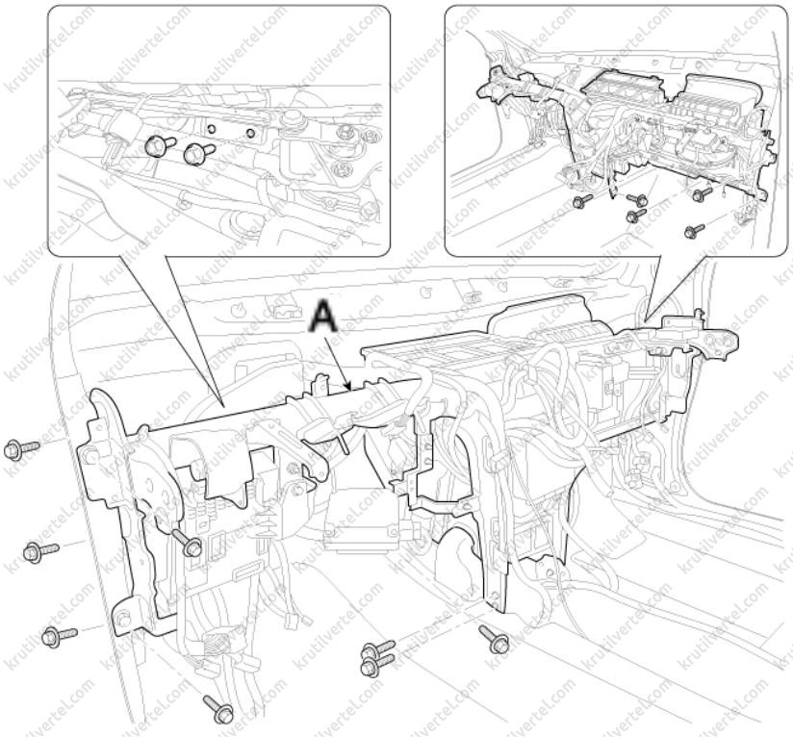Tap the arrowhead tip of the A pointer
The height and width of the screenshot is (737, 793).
tap(350, 391)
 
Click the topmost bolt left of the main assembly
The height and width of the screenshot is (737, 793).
tap(21, 449)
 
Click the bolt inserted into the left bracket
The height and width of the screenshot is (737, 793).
tap(188, 543)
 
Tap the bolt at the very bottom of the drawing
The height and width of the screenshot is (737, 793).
tap(218, 709)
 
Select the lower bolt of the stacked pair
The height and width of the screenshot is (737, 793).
tap(379, 663)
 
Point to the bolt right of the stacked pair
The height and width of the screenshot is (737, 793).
tap(494, 639)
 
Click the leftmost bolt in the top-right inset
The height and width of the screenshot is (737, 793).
tap(582, 200)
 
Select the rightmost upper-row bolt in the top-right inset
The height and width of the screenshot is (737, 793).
tap(703, 193)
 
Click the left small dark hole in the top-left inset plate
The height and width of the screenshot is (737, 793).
tap(211, 128)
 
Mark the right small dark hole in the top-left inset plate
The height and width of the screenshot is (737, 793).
tap(250, 134)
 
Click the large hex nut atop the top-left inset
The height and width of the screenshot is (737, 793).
tap(290, 120)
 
